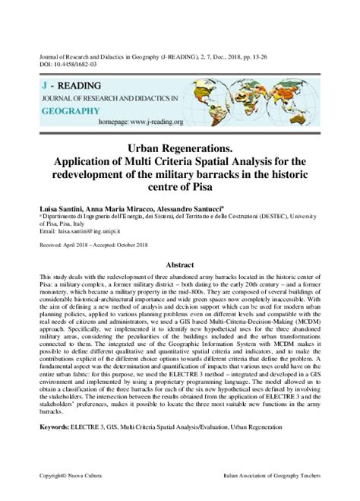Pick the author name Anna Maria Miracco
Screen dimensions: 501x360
[130, 206]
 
